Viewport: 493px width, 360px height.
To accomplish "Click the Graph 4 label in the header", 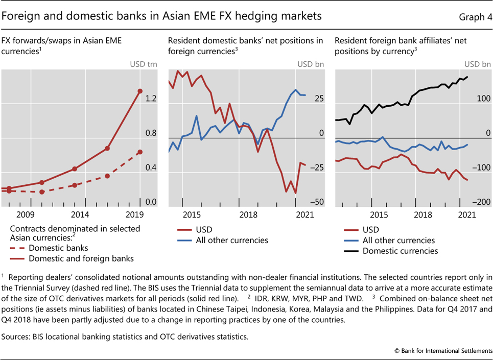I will [475, 17].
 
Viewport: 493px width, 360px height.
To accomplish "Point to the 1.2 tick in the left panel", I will [151, 99].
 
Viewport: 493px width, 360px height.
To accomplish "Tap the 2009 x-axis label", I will [26, 214].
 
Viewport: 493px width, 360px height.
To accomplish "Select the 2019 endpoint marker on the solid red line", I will [140, 91].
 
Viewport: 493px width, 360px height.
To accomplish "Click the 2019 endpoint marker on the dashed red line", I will [140, 152].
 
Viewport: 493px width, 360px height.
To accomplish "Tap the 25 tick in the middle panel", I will [319, 99].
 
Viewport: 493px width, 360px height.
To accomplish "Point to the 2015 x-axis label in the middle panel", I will [192, 214].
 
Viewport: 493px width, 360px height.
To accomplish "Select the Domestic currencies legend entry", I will [400, 251].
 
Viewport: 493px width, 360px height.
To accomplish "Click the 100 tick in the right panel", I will [483, 99].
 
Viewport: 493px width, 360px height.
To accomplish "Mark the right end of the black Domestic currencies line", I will [467, 77].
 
